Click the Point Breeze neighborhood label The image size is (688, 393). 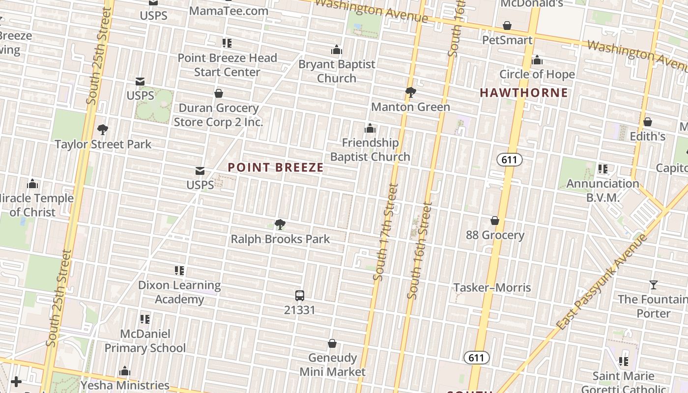pos(276,168)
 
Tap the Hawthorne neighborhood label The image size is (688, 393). pos(523,93)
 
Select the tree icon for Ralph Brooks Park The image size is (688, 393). pos(280,225)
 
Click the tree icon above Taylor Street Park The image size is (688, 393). pos(103,130)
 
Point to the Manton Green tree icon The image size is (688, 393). pos(410,92)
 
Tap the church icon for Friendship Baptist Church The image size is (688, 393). pos(370,129)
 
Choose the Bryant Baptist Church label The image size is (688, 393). pos(337,71)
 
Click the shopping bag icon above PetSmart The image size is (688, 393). pos(507,26)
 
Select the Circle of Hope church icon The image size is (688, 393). pos(537,60)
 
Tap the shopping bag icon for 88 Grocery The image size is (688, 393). pos(495,221)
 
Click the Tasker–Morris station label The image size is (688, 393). pos(492,287)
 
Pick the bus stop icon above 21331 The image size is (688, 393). pos(300,296)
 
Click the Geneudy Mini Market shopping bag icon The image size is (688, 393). pos(332,343)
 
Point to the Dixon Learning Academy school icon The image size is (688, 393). pos(179,271)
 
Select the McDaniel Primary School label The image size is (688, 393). pos(145,341)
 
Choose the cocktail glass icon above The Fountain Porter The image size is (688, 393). pos(653,285)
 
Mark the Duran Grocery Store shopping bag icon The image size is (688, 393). pos(219,93)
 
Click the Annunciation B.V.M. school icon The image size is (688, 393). pos(603,169)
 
